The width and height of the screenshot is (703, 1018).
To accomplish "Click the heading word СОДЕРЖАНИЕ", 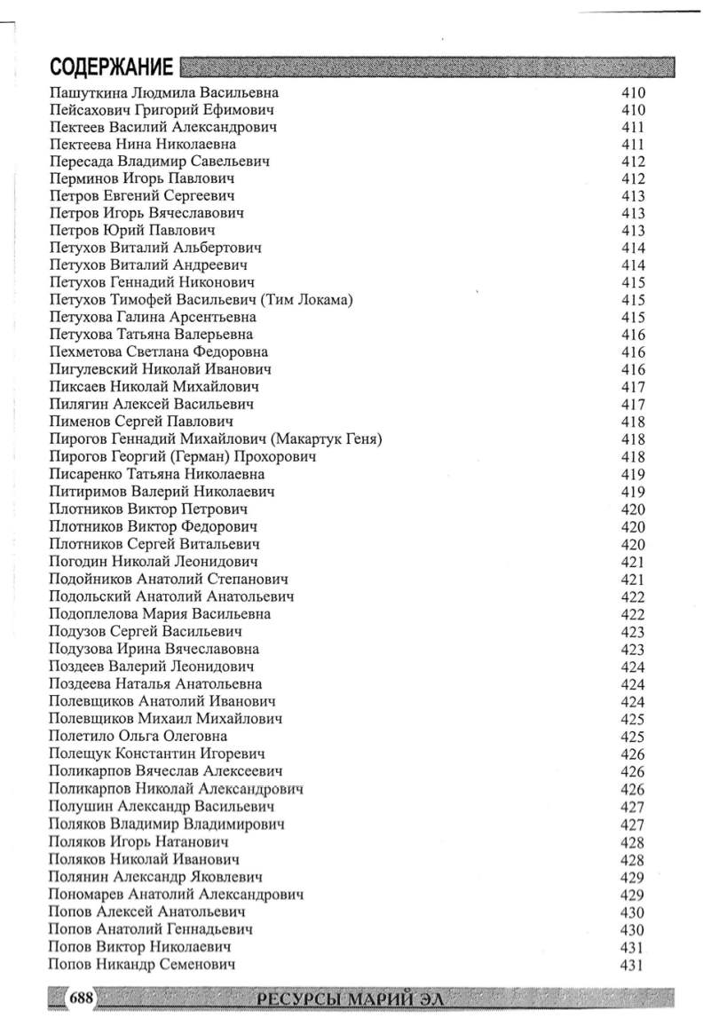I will tap(111, 67).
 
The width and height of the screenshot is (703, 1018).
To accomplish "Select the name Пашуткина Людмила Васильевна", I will tap(164, 92).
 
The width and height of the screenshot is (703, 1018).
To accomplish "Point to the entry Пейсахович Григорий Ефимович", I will tap(161, 110).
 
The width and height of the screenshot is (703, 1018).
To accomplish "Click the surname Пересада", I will tap(82, 162).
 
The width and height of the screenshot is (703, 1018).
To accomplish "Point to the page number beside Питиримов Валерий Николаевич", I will tap(633, 492).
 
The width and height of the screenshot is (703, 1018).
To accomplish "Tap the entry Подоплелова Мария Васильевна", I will tap(160, 614).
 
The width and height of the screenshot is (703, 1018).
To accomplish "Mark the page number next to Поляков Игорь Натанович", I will tap(633, 841).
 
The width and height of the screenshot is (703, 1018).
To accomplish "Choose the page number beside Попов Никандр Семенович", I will tap(631, 965).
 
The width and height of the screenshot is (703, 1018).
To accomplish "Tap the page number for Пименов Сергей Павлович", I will tap(633, 422).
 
